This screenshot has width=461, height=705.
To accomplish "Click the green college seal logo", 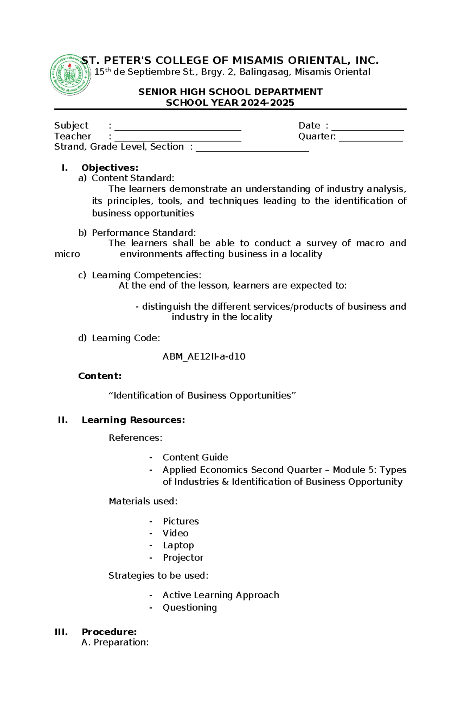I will [x=70, y=75].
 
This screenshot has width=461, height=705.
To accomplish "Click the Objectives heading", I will [x=109, y=168].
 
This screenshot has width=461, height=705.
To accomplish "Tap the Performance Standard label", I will [x=143, y=233].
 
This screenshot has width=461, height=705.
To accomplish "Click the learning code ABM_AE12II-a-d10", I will [x=204, y=357].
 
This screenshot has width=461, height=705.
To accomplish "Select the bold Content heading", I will [x=99, y=376].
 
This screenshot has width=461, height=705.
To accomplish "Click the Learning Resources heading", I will [x=133, y=420].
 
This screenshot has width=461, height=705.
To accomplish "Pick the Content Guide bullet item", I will [x=195, y=457].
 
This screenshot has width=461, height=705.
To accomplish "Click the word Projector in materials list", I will [x=183, y=557].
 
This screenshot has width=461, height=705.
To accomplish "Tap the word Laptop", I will [x=178, y=545].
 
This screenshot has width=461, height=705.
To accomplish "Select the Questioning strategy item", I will [x=189, y=607].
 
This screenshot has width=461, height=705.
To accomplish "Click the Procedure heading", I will [x=109, y=632].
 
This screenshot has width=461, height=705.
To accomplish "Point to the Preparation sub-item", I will [x=121, y=642].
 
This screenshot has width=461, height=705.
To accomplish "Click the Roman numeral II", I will [x=63, y=420].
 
